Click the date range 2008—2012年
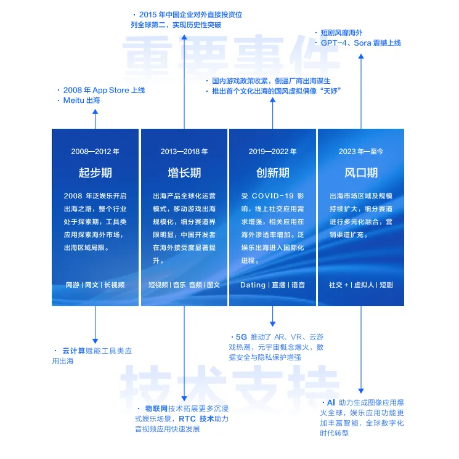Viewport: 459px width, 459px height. [95, 151]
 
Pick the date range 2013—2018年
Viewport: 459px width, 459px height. [184, 151]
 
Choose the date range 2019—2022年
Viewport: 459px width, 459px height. [273, 151]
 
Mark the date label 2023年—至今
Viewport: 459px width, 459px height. [361, 151]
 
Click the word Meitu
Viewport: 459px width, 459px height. [74, 100]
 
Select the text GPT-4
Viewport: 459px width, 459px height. [335, 43]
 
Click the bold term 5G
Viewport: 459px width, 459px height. [241, 337]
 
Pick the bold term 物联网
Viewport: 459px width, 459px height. [156, 408]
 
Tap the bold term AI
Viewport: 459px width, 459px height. [331, 402]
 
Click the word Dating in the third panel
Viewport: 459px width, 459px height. [253, 285]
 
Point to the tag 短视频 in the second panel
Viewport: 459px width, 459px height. [158, 285]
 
